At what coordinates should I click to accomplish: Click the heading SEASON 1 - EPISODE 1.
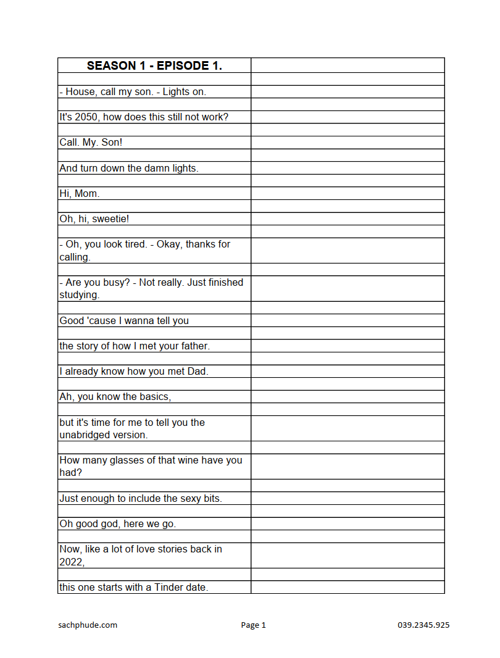[154, 65]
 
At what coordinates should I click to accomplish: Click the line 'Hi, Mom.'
[79, 194]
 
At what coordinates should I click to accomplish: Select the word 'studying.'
[80, 295]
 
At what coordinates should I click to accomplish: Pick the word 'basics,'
[154, 397]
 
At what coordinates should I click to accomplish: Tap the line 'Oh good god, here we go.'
[117, 524]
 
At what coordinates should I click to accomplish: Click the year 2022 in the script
[71, 562]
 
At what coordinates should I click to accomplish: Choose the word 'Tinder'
[169, 588]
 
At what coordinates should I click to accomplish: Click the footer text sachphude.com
[88, 625]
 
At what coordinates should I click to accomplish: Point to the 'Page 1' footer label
[253, 625]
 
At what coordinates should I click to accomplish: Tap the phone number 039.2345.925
[423, 625]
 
